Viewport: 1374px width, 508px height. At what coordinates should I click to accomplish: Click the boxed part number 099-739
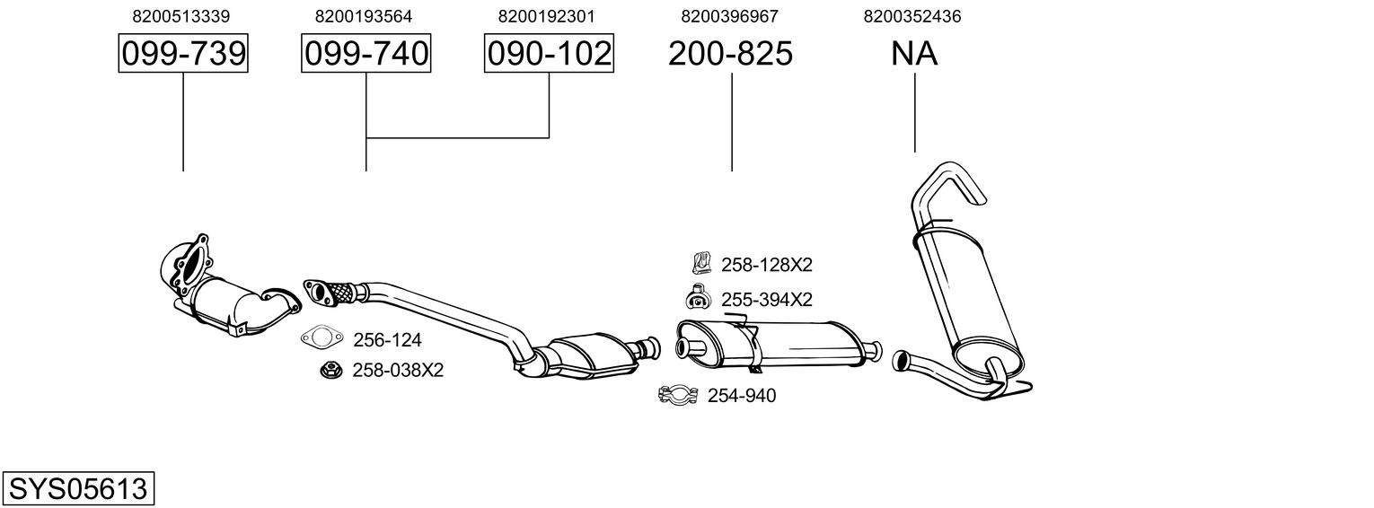[183, 53]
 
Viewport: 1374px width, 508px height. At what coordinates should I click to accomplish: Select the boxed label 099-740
[366, 53]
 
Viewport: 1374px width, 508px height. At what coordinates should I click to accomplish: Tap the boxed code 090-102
[549, 53]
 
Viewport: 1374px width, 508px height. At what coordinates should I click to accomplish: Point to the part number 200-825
[730, 53]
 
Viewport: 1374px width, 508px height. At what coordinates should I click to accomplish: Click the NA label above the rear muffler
[914, 53]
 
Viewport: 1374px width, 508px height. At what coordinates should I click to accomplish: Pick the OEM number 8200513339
[181, 16]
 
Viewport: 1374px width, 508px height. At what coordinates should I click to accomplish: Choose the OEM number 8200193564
[364, 16]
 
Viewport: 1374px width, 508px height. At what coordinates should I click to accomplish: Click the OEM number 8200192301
[547, 16]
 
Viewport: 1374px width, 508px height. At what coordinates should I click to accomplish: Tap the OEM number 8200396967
[729, 16]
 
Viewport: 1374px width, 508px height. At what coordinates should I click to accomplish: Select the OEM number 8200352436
[912, 16]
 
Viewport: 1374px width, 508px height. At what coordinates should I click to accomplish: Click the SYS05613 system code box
[78, 489]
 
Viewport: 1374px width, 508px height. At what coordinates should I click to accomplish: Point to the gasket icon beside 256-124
[322, 337]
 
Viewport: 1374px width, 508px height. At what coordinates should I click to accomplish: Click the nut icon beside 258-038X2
[331, 370]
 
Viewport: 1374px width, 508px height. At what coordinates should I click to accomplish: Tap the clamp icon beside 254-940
[678, 395]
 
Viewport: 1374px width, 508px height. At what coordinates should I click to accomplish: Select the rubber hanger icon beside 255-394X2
[698, 296]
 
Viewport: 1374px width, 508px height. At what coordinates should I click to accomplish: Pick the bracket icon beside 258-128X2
[700, 263]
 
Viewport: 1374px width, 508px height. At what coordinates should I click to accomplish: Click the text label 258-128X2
[767, 265]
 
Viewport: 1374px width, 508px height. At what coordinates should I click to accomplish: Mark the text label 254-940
[742, 396]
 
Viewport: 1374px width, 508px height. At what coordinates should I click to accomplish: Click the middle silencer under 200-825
[778, 345]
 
